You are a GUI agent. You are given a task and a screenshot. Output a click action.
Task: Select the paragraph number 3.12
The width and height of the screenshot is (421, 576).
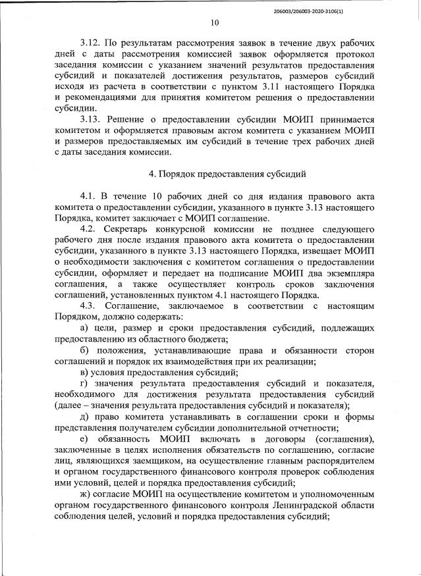(90, 41)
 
